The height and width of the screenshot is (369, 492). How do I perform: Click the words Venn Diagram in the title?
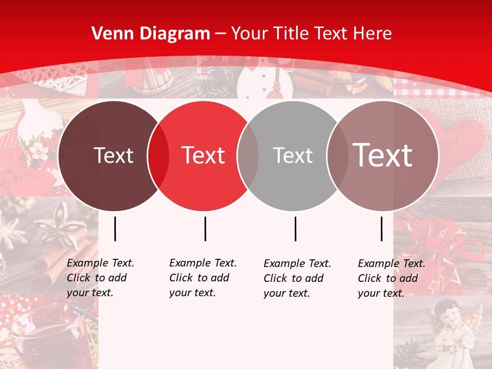point(151,34)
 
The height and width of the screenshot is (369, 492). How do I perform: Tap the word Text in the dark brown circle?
point(113,155)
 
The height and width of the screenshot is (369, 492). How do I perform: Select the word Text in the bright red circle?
point(203,155)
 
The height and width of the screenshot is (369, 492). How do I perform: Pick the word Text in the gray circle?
point(293,155)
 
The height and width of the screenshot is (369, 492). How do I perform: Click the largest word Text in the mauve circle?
point(383,155)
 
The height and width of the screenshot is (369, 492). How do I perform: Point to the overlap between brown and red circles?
point(158,156)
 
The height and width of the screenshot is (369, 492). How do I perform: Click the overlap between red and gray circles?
point(249,156)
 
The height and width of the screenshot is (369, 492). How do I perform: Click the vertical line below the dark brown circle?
point(115,229)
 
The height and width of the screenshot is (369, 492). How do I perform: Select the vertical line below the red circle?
point(205,229)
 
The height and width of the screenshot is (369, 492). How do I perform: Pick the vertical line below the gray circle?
point(295,229)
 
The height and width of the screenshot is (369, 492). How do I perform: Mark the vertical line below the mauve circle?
point(381,229)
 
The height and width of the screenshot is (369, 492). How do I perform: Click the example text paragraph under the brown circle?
point(100,278)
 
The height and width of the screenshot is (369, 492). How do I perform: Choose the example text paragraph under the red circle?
point(203,278)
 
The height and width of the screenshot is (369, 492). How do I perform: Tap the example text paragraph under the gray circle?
point(297,278)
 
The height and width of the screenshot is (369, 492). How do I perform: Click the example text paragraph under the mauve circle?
point(392,278)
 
